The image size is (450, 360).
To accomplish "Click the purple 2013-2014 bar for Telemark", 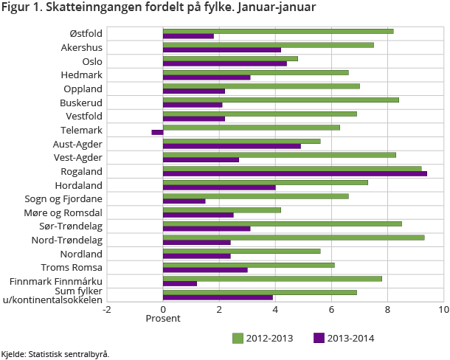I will coord(157,132).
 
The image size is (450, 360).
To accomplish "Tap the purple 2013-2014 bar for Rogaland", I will coord(294,173).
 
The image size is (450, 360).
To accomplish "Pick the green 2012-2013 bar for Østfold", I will coord(278,31).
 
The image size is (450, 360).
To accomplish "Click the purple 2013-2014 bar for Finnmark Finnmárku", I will coord(180,283).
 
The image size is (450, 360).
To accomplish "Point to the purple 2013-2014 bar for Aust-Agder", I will coord(232,146).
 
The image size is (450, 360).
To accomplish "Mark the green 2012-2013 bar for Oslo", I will coord(230,58).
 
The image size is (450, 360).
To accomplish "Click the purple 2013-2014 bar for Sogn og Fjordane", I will coord(184,201).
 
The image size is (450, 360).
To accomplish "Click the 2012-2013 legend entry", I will coord(263,339).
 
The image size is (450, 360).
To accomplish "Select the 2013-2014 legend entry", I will coord(344,339).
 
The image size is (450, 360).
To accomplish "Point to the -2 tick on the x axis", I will coord(106,309).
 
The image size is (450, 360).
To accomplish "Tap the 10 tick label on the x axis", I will coord(443,309).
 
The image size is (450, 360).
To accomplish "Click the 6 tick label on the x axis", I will coord(331,309).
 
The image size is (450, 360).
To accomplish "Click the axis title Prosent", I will coord(162,319).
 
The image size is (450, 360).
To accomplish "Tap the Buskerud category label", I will coord(81,103).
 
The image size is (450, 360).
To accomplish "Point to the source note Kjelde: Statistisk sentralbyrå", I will coord(55,354).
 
